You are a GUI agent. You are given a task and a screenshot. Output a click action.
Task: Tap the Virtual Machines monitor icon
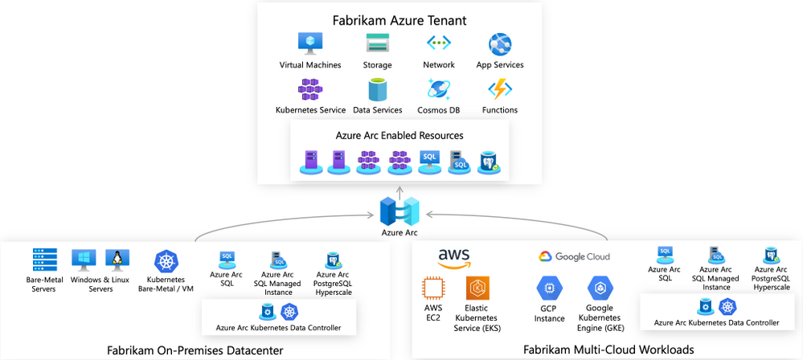click(x=310, y=43)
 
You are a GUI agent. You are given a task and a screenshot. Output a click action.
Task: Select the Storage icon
click(x=377, y=43)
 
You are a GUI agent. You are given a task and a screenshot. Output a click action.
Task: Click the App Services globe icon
click(x=500, y=43)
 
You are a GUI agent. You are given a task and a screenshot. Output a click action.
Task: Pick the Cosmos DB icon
click(x=438, y=88)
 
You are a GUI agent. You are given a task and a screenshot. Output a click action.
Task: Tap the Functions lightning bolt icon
click(x=500, y=88)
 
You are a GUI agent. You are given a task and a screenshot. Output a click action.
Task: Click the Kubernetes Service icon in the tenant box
click(x=310, y=88)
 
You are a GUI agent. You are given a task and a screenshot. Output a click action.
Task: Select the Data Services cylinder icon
click(x=377, y=88)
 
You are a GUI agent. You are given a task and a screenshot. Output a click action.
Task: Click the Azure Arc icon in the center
click(x=399, y=211)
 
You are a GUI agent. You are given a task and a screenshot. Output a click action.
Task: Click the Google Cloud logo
click(x=574, y=256)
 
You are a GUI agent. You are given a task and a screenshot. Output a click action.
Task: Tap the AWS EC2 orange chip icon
click(x=434, y=288)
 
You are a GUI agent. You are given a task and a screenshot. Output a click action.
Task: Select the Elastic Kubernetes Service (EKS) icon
click(x=479, y=288)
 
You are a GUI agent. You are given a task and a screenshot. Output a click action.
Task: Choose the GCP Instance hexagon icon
click(x=550, y=288)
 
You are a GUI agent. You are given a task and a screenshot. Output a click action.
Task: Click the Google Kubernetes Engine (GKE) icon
click(x=600, y=288)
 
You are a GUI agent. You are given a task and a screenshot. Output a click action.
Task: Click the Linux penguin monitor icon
click(x=117, y=259)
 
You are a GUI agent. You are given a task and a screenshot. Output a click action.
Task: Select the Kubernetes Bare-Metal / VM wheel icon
click(x=166, y=261)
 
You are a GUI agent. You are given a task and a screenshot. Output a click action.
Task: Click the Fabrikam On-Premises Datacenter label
click(x=195, y=350)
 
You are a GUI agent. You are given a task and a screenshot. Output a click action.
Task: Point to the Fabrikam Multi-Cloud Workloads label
click(x=608, y=350)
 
